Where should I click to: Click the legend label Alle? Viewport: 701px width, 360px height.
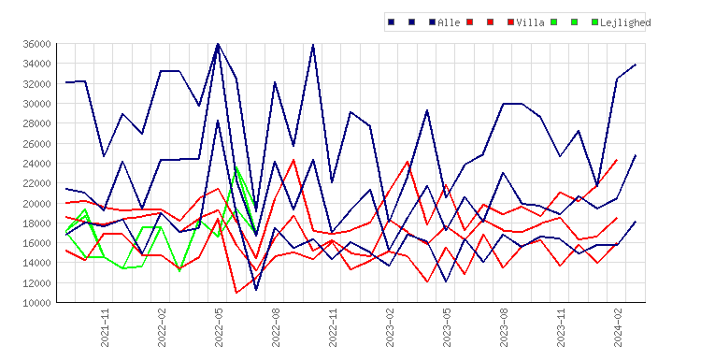click(x=449, y=22)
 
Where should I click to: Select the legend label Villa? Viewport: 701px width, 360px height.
click(x=530, y=22)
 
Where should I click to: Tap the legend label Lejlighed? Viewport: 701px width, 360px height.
click(x=625, y=22)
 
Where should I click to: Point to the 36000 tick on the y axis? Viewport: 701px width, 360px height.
click(x=37, y=44)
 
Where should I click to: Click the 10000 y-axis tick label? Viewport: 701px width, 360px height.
click(x=37, y=303)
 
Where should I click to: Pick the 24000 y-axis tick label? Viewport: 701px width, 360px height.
click(x=37, y=164)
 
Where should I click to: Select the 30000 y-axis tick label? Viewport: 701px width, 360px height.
click(x=37, y=104)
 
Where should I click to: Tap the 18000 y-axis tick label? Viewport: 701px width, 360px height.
click(x=37, y=223)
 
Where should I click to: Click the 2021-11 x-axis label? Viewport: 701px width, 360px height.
click(x=105, y=327)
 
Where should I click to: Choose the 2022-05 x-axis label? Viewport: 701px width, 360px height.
click(x=219, y=327)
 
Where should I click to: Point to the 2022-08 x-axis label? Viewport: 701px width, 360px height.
click(x=276, y=327)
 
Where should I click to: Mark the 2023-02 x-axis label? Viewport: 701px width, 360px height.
click(x=390, y=327)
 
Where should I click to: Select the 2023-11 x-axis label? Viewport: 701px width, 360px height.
click(x=561, y=327)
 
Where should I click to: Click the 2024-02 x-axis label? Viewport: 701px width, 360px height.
click(x=618, y=327)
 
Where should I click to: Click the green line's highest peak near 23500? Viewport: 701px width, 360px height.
click(x=237, y=167)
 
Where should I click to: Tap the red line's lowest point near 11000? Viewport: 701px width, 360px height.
click(x=236, y=293)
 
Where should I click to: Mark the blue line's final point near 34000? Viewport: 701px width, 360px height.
click(x=636, y=65)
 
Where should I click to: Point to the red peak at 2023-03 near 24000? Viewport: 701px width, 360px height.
click(x=408, y=162)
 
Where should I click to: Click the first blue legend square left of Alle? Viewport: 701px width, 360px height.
click(x=392, y=22)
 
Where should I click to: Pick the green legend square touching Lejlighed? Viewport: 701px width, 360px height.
click(x=594, y=22)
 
